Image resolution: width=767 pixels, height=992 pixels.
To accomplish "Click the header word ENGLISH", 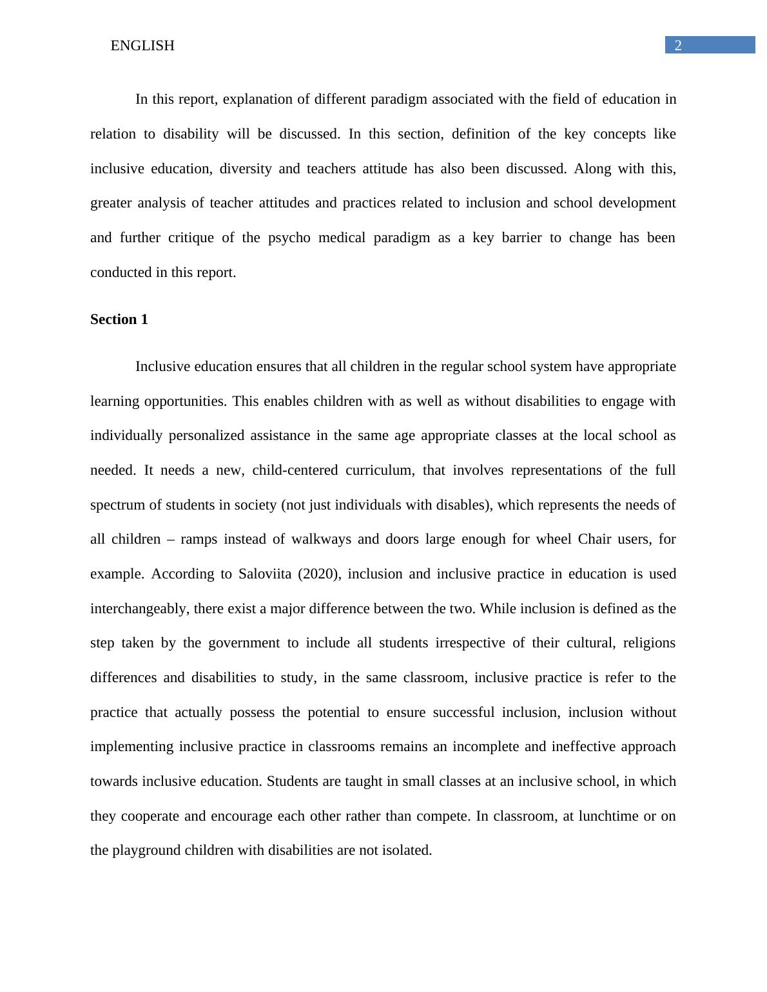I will (142, 46).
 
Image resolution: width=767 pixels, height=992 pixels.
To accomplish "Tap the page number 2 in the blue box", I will (678, 45).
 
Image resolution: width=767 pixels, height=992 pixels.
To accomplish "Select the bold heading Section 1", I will (119, 320).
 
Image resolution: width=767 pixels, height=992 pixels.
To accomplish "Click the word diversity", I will (246, 169).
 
